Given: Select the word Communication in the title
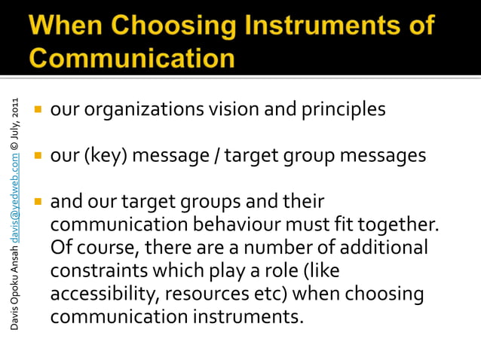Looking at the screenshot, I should pos(133,57).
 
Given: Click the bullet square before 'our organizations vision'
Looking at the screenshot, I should pos(35,110).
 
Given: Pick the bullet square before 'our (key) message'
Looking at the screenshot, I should pos(35,157).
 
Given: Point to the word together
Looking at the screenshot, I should pos(396,225).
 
